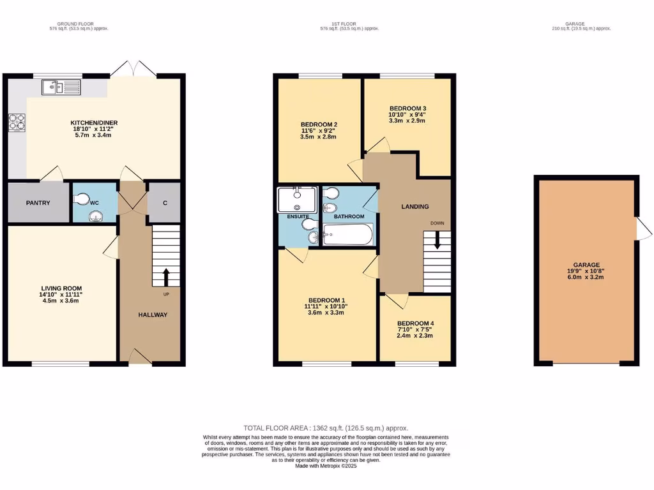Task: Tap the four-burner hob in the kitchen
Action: tap(16, 122)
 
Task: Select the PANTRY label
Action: tap(38, 203)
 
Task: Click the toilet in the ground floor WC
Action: tap(81, 200)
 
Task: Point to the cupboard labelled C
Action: tap(165, 203)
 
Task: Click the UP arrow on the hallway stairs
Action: tap(166, 277)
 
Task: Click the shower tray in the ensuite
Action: tap(297, 199)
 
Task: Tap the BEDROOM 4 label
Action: tap(415, 323)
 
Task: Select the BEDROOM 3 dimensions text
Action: tap(407, 117)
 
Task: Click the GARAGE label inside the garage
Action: tap(586, 265)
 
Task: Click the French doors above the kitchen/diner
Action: tap(132, 69)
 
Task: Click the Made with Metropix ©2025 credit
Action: tap(326, 466)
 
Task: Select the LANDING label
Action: tap(414, 206)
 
